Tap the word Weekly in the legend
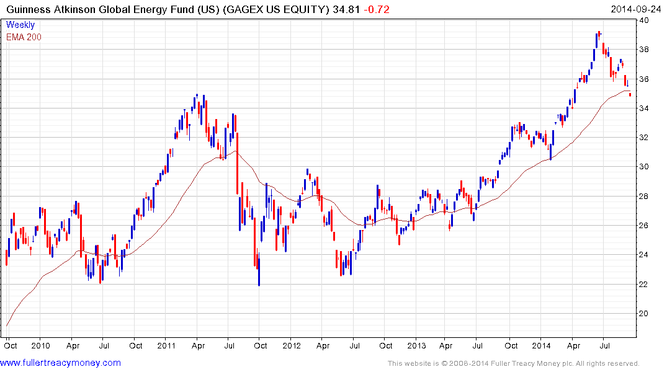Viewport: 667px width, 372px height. point(20,25)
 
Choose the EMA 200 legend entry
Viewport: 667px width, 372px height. point(24,37)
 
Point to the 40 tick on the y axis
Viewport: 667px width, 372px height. point(645,20)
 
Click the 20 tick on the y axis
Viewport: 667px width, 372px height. point(645,314)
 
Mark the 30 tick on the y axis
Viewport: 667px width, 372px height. point(645,167)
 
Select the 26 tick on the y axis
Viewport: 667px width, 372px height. point(645,226)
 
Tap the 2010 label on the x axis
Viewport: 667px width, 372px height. point(40,345)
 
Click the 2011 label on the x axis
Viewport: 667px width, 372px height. point(166,345)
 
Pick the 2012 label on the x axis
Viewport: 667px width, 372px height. point(291,345)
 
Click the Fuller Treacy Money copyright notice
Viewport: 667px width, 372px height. point(513,363)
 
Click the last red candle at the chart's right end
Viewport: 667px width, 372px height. point(630,94)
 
